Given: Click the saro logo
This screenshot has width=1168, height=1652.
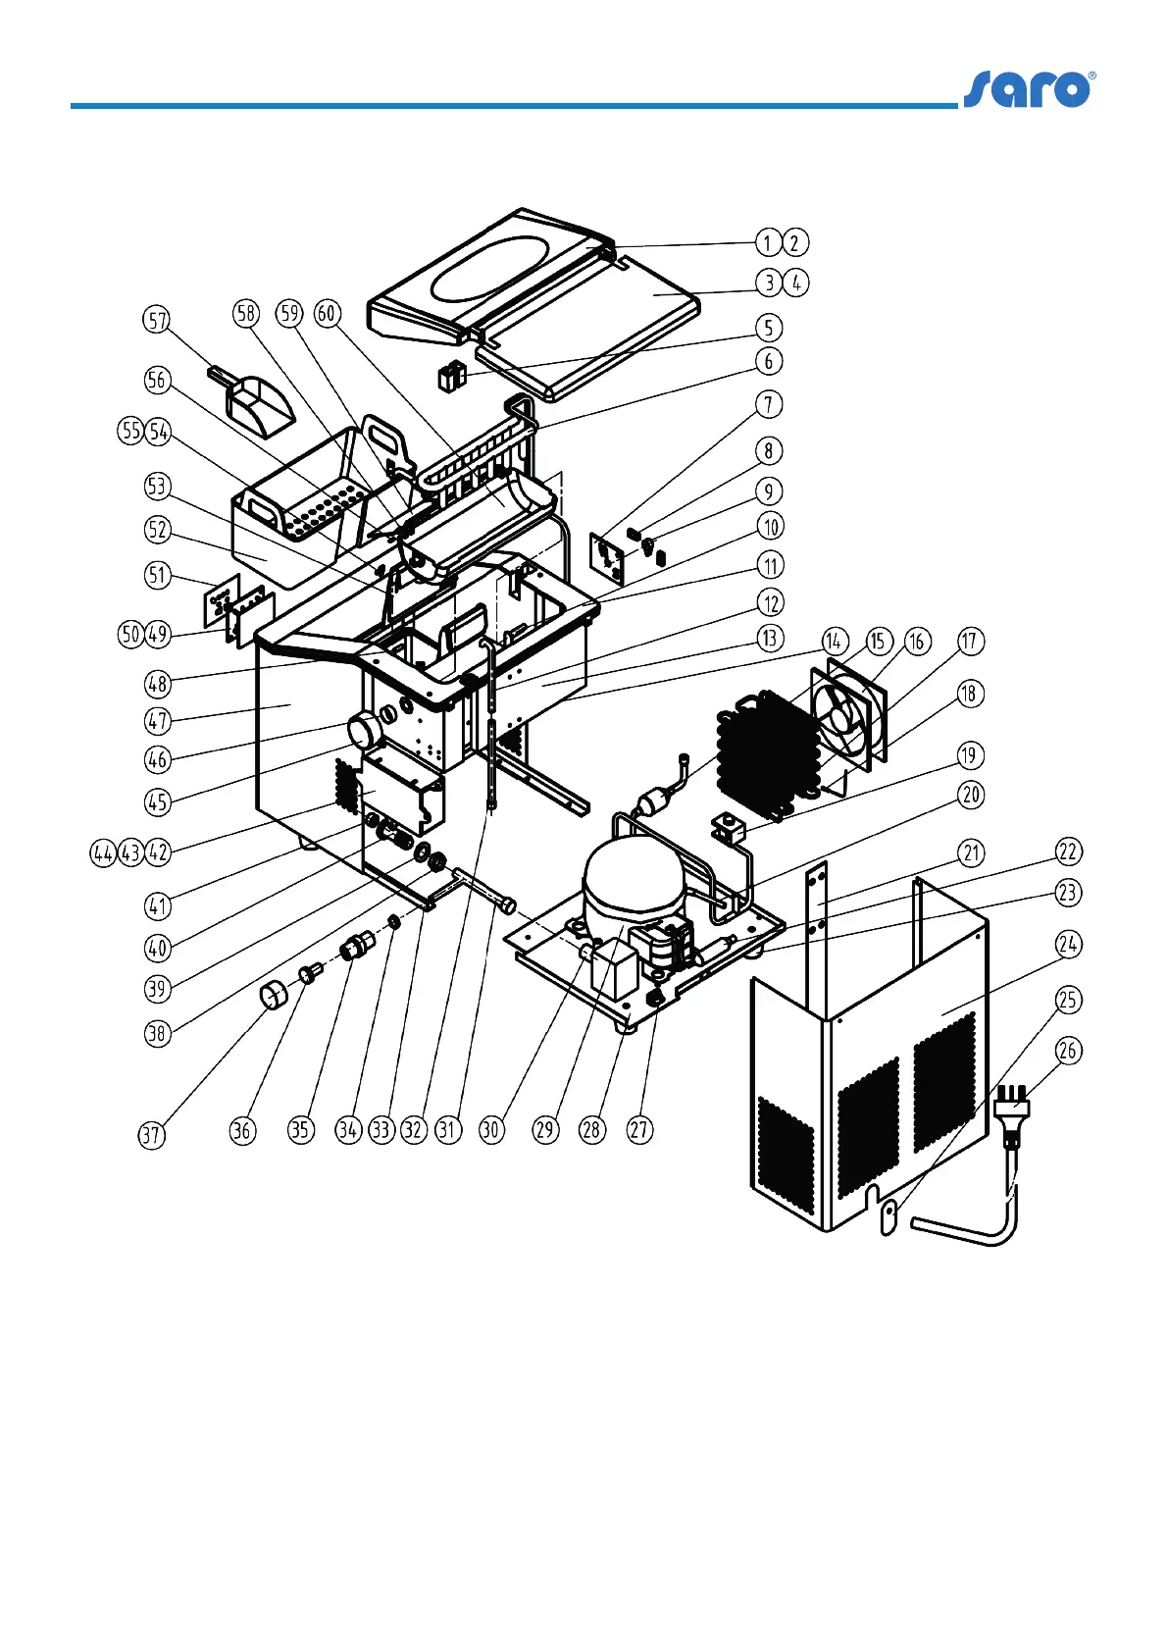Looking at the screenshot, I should point(1029,89).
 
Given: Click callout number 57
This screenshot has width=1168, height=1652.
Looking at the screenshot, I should point(157,320).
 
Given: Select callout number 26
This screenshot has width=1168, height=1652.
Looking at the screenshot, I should point(1068,1051).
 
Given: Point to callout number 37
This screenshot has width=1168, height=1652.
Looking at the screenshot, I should point(150,1135).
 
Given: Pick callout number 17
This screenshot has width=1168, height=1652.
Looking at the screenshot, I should point(969,642).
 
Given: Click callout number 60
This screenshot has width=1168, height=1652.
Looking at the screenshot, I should point(327,314).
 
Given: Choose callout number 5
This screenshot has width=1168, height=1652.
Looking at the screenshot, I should point(769,328).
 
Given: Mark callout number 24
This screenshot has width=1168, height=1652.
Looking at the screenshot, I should point(1068,945).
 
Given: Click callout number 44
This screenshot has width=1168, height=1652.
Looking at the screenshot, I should point(103,853).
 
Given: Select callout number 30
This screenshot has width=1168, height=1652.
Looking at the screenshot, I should point(490,1130).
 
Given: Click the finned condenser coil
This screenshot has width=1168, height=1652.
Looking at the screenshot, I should point(765,746).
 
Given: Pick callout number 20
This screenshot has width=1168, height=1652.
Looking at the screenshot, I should point(970,795).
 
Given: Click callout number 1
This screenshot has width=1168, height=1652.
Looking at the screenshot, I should point(769,242).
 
